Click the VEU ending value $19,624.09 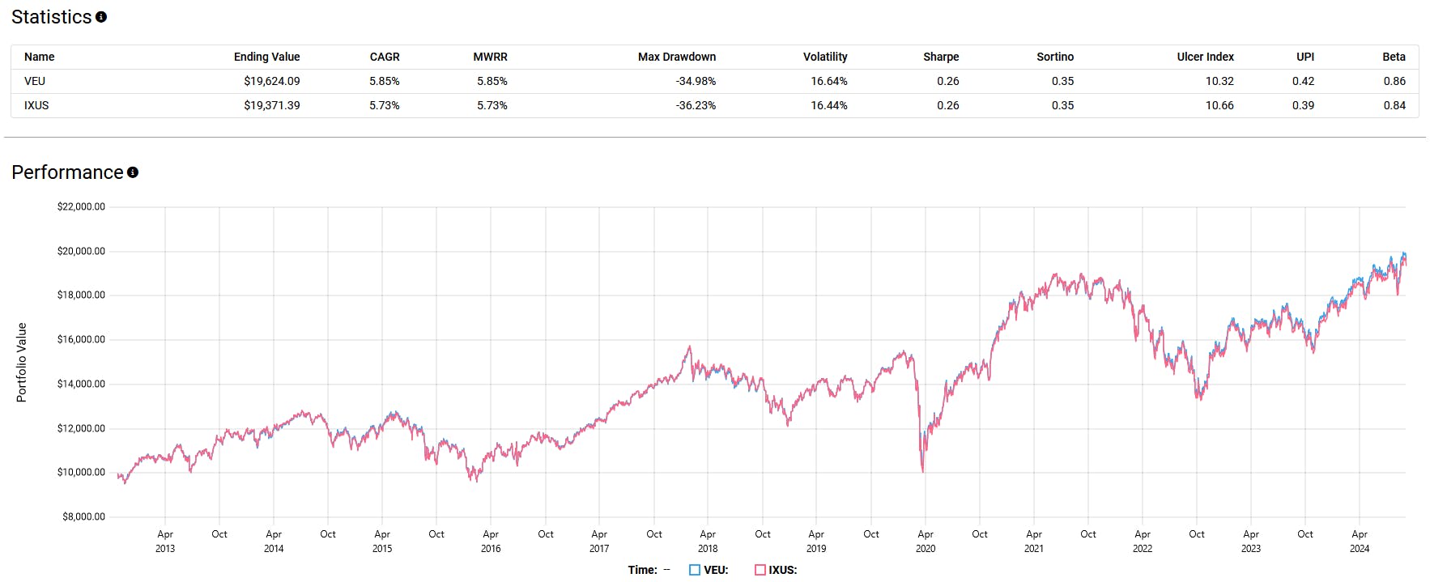coord(271,81)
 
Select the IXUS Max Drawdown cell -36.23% coord(696,105)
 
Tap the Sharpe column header coord(940,57)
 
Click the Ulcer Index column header coord(1205,57)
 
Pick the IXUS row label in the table coord(36,105)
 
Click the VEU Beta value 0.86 coord(1394,81)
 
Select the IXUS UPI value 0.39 coord(1303,105)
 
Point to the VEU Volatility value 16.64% coord(828,81)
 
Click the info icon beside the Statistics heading coord(101,17)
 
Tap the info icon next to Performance coord(133,172)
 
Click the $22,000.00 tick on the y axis coord(81,206)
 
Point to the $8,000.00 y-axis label coord(83,516)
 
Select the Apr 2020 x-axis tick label coord(925,541)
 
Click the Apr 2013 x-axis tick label coord(165,541)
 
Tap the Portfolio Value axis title coord(22,362)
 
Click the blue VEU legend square coord(694,570)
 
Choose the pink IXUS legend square coord(760,570)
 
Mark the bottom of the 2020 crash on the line coord(923,470)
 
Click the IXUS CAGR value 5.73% coord(384,105)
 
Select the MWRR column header coord(490,57)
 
